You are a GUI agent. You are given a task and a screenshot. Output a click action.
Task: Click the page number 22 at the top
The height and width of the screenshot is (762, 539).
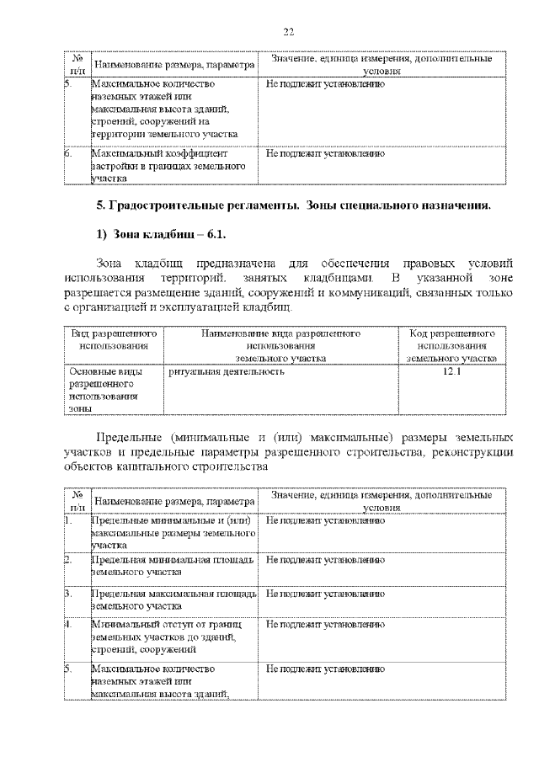(x=288, y=31)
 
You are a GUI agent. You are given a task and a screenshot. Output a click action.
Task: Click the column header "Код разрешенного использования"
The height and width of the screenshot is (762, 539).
(x=451, y=346)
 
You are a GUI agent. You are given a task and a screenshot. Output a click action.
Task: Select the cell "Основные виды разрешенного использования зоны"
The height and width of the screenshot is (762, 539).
(x=104, y=389)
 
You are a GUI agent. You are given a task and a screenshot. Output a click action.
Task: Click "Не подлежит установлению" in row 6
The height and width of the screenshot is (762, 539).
(x=325, y=155)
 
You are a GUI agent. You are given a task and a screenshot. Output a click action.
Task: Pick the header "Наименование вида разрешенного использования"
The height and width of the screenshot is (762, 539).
(x=280, y=346)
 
